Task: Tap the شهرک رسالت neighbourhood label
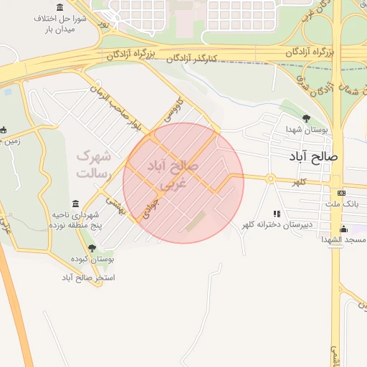coord(94,164)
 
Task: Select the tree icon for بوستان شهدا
coord(307,118)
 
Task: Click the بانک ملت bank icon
coord(341,192)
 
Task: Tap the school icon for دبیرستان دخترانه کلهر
coord(277,214)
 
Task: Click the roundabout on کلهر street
coord(270,178)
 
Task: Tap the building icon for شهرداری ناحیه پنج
coord(76,204)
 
